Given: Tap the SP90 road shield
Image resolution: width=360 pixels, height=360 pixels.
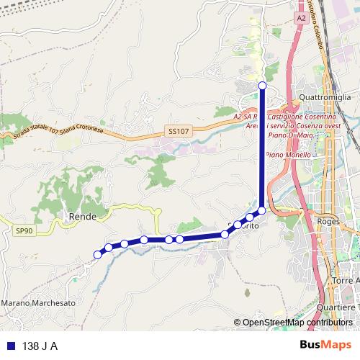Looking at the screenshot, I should [x=24, y=230].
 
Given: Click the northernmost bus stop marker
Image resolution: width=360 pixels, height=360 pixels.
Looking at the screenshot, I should [x=262, y=86].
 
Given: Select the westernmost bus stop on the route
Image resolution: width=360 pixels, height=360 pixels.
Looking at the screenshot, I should [x=97, y=253].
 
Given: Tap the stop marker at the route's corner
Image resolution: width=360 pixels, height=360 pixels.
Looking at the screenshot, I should [x=262, y=210].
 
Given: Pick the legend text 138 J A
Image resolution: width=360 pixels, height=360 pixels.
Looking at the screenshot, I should [x=40, y=345].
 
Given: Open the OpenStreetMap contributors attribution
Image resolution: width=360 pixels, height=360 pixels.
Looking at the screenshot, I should [x=297, y=322].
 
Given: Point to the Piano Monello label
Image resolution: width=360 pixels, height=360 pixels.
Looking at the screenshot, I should [x=288, y=155].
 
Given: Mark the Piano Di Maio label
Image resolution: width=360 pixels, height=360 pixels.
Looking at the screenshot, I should [x=289, y=135].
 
